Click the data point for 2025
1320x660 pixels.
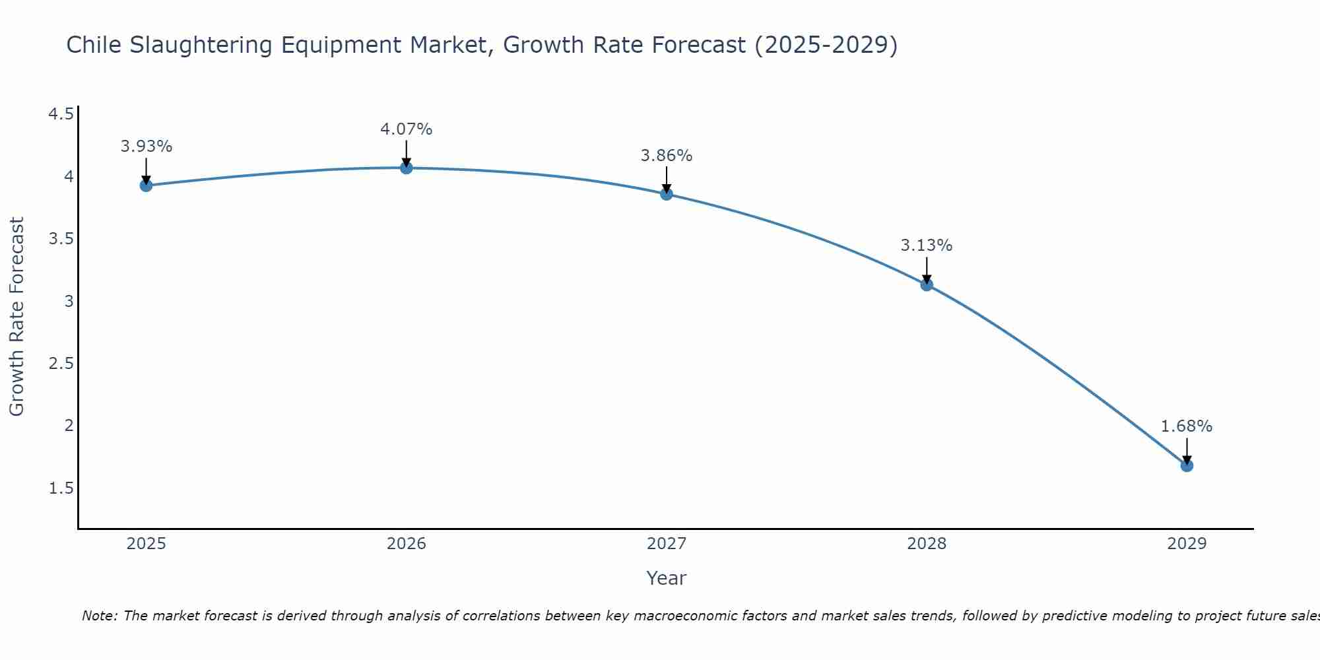(146, 185)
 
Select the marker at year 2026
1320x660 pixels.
(407, 168)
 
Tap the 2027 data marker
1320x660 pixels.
(667, 194)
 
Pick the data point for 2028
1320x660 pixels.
(927, 285)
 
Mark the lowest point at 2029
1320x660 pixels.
(1187, 466)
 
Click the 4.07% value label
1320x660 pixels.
(407, 129)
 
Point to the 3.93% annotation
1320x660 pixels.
(146, 147)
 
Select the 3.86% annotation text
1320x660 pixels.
(667, 156)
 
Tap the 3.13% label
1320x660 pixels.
(927, 246)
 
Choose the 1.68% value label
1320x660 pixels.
(1187, 426)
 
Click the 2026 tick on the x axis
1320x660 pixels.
(407, 544)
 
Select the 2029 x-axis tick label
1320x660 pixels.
(1187, 544)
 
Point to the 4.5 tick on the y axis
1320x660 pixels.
(61, 115)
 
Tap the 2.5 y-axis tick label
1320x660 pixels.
(61, 364)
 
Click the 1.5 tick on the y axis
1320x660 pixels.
(61, 488)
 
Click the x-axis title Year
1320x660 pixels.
(667, 578)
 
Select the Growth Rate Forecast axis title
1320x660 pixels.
(16, 317)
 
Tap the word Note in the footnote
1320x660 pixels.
(99, 616)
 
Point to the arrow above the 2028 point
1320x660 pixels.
(927, 269)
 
